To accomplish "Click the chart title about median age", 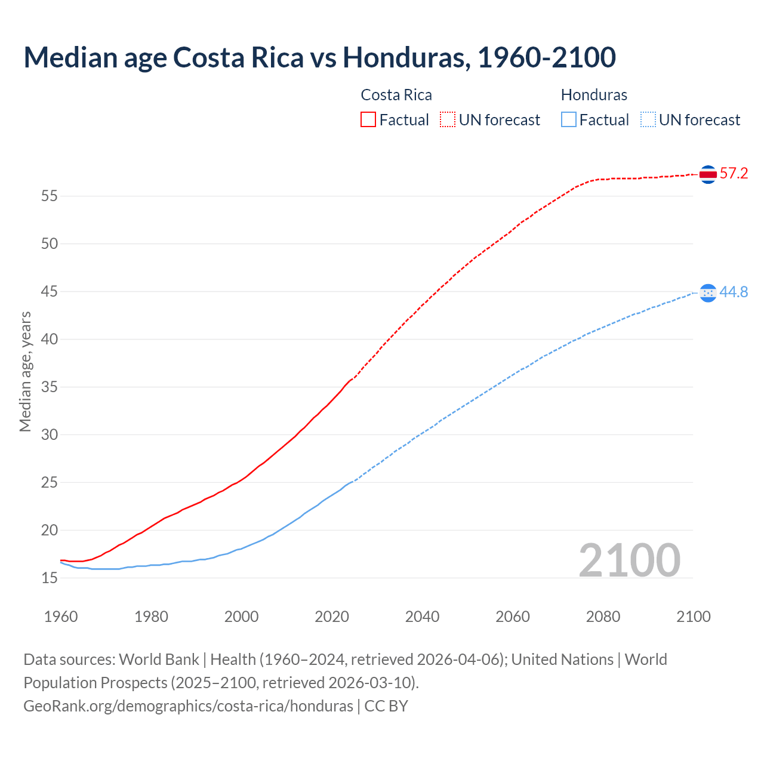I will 319,58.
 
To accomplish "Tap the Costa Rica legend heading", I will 396,95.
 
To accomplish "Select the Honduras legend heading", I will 594,95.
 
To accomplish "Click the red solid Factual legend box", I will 368,119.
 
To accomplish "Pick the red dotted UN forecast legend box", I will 448,119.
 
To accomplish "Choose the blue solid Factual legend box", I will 569,119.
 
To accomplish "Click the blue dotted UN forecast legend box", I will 648,119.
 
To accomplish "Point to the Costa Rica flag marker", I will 708,174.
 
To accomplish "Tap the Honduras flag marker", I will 708,292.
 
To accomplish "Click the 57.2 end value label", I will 734,174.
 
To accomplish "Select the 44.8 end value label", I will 734,292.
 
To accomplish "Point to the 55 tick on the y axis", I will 50,196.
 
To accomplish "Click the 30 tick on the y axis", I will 50,435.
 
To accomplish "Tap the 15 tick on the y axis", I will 50,578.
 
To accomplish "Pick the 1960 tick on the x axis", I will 61,617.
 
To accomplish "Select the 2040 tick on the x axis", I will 422,617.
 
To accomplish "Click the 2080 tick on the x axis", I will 603,617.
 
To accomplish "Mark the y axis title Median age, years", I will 25,371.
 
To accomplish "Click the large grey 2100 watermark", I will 629,560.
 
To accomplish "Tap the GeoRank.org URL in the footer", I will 188,706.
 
